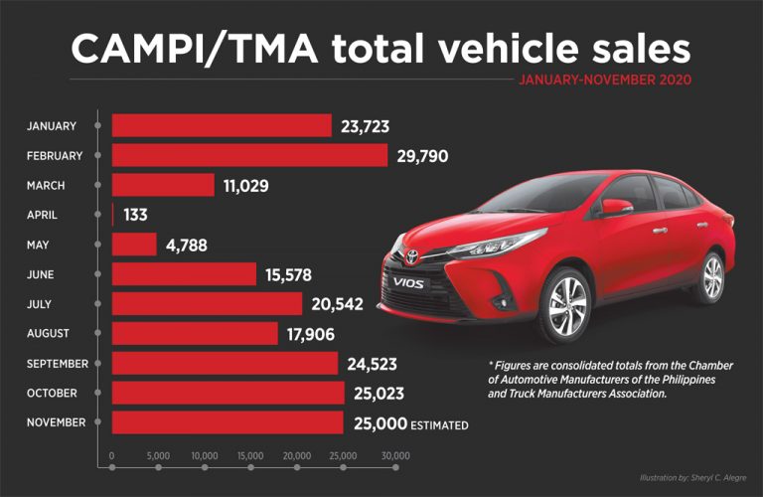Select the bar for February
pyautogui.click(x=249, y=155)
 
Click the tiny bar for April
pyautogui.click(x=113, y=215)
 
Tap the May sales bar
pyautogui.click(x=134, y=245)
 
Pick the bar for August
pyautogui.click(x=195, y=333)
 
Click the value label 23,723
pyautogui.click(x=365, y=126)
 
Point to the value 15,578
pyautogui.click(x=288, y=275)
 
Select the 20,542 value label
pyautogui.click(x=337, y=305)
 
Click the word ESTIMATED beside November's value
pyautogui.click(x=439, y=425)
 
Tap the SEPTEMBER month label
pyautogui.click(x=58, y=364)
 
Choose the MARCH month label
pyautogui.click(x=46, y=186)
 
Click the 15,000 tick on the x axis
pyautogui.click(x=250, y=456)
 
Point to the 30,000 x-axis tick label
pyautogui.click(x=395, y=456)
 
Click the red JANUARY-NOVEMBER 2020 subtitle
pyautogui.click(x=605, y=80)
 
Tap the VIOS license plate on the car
pyautogui.click(x=408, y=282)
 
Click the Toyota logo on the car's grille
pyautogui.click(x=412, y=256)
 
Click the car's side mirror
pyautogui.click(x=615, y=208)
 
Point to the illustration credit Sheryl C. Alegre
pyautogui.click(x=692, y=478)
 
